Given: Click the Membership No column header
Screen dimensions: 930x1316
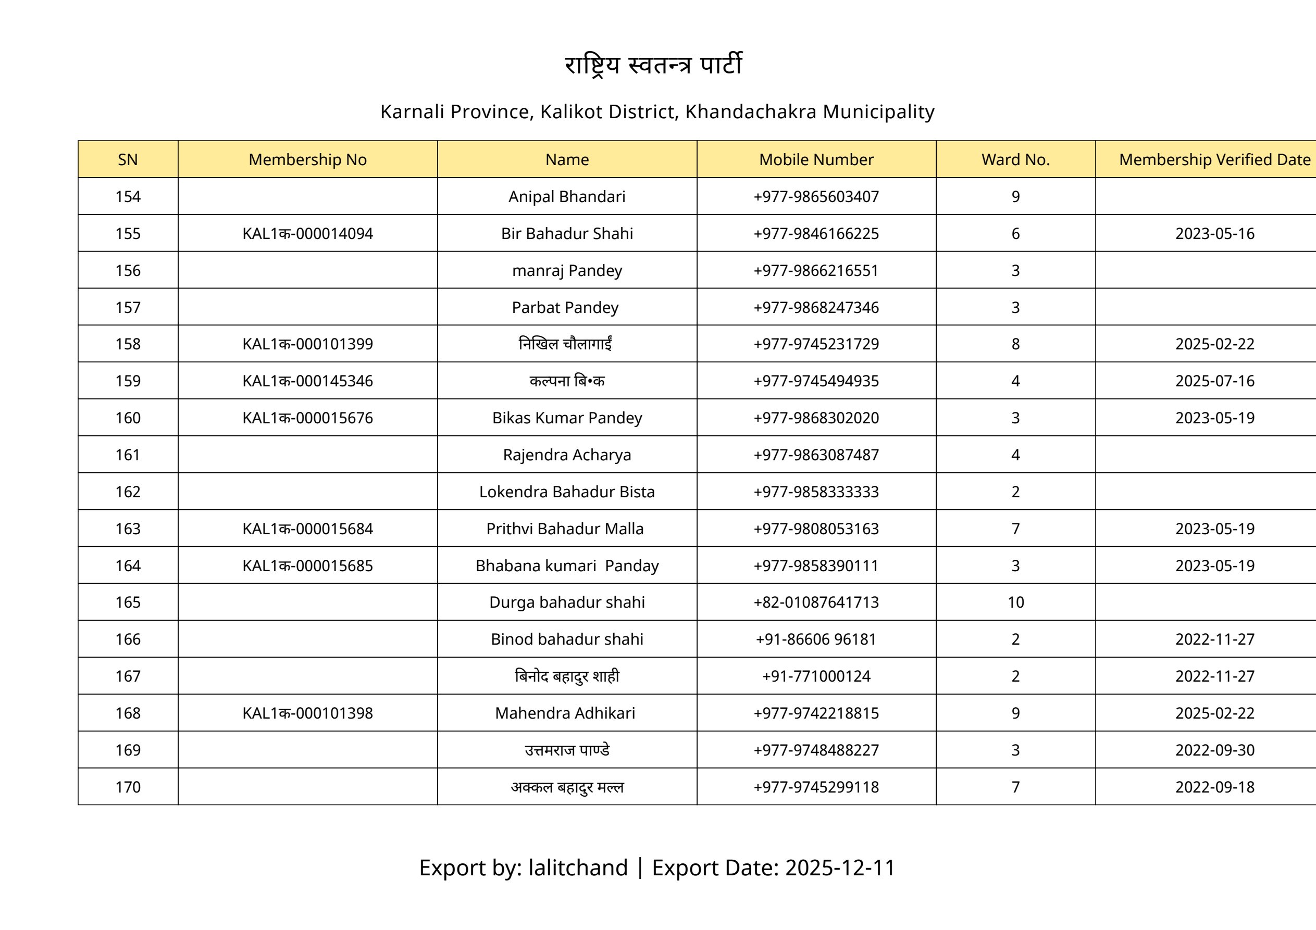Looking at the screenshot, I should point(307,159).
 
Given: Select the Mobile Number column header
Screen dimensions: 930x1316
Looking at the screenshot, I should point(816,159).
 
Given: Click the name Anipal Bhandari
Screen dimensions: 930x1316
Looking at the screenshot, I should point(566,196).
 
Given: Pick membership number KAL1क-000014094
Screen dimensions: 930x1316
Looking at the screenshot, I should point(307,234).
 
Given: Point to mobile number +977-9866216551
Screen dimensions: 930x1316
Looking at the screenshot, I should point(816,270).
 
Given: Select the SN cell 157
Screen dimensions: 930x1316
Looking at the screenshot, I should point(128,308).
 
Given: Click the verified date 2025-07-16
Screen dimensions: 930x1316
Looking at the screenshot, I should point(1214,381).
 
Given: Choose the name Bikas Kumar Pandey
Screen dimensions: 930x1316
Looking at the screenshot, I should point(566,418).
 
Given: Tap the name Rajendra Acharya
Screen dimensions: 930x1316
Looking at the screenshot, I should point(566,455).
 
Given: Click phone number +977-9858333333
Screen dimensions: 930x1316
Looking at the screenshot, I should point(816,492).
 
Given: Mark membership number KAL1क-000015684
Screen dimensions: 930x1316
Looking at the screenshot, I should point(307,529).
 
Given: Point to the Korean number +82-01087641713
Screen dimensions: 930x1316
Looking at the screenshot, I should point(816,602).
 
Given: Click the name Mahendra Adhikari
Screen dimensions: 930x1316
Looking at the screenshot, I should point(565,713).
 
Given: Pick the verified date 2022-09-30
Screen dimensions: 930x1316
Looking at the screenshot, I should point(1214,750).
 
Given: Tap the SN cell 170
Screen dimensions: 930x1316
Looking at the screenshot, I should point(128,787).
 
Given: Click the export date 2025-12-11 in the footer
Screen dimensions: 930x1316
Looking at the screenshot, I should point(840,868).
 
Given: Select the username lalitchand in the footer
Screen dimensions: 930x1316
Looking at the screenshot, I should point(578,868).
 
